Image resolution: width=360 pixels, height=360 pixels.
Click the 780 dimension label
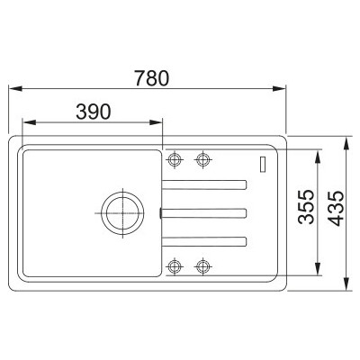[x=151, y=78]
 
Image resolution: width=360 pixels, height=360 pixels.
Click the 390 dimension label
[x=94, y=112]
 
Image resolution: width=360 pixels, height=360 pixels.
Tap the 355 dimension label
[x=306, y=207]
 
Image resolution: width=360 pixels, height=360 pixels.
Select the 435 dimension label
[x=336, y=208]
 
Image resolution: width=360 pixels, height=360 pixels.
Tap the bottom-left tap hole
[x=175, y=265]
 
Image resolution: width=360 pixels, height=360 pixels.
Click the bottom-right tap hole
[x=203, y=265]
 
